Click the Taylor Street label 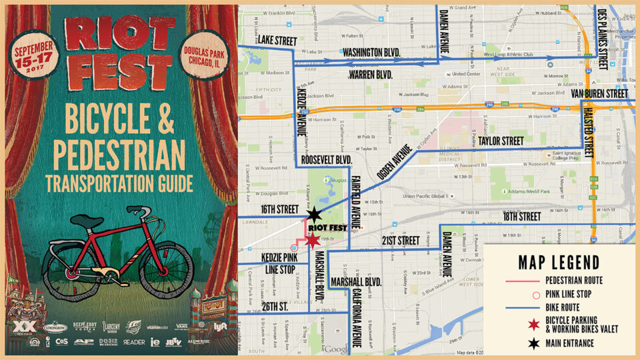click(501, 141)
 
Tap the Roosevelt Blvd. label click(326, 160)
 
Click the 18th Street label click(522, 217)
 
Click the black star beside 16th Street click(314, 215)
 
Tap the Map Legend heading click(558, 262)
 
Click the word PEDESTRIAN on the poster click(119, 155)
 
